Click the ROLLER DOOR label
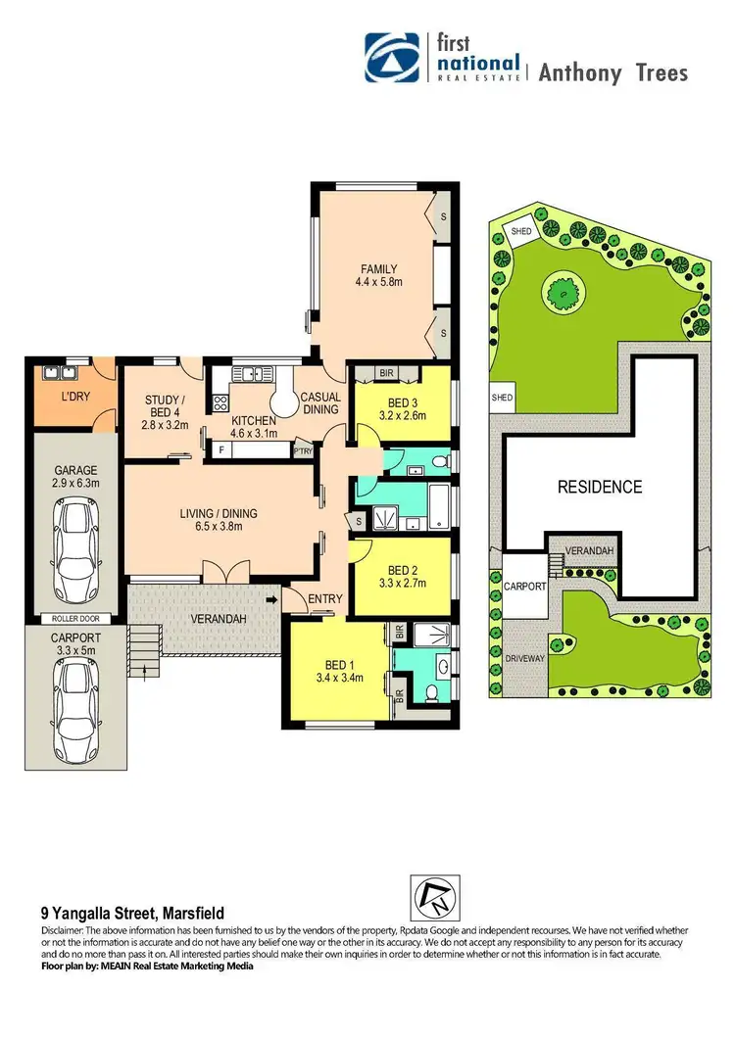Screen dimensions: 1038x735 [75, 619]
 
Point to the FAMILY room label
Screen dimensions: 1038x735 [378, 269]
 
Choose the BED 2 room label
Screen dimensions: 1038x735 [403, 571]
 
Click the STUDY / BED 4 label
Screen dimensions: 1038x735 [162, 400]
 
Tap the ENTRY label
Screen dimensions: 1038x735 [323, 599]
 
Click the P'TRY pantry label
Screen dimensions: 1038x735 [302, 451]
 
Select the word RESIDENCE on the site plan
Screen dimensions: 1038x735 [600, 487]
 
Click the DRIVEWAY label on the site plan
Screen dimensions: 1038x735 [523, 658]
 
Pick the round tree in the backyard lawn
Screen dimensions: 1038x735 [563, 290]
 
